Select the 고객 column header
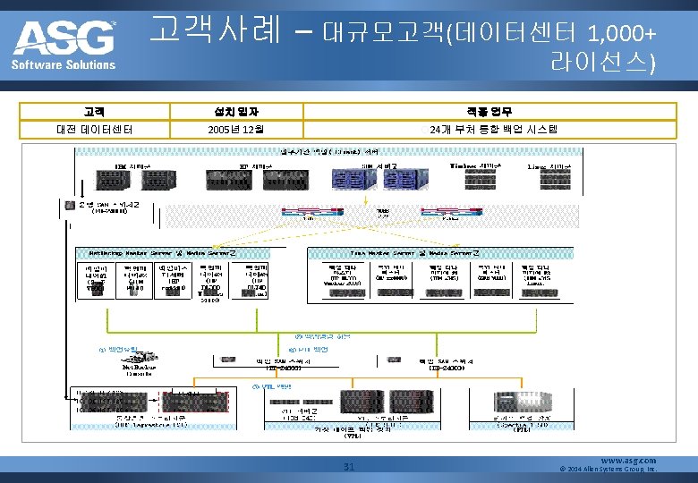94,112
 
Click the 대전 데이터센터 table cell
94,130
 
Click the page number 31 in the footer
350,465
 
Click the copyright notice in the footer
608,469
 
